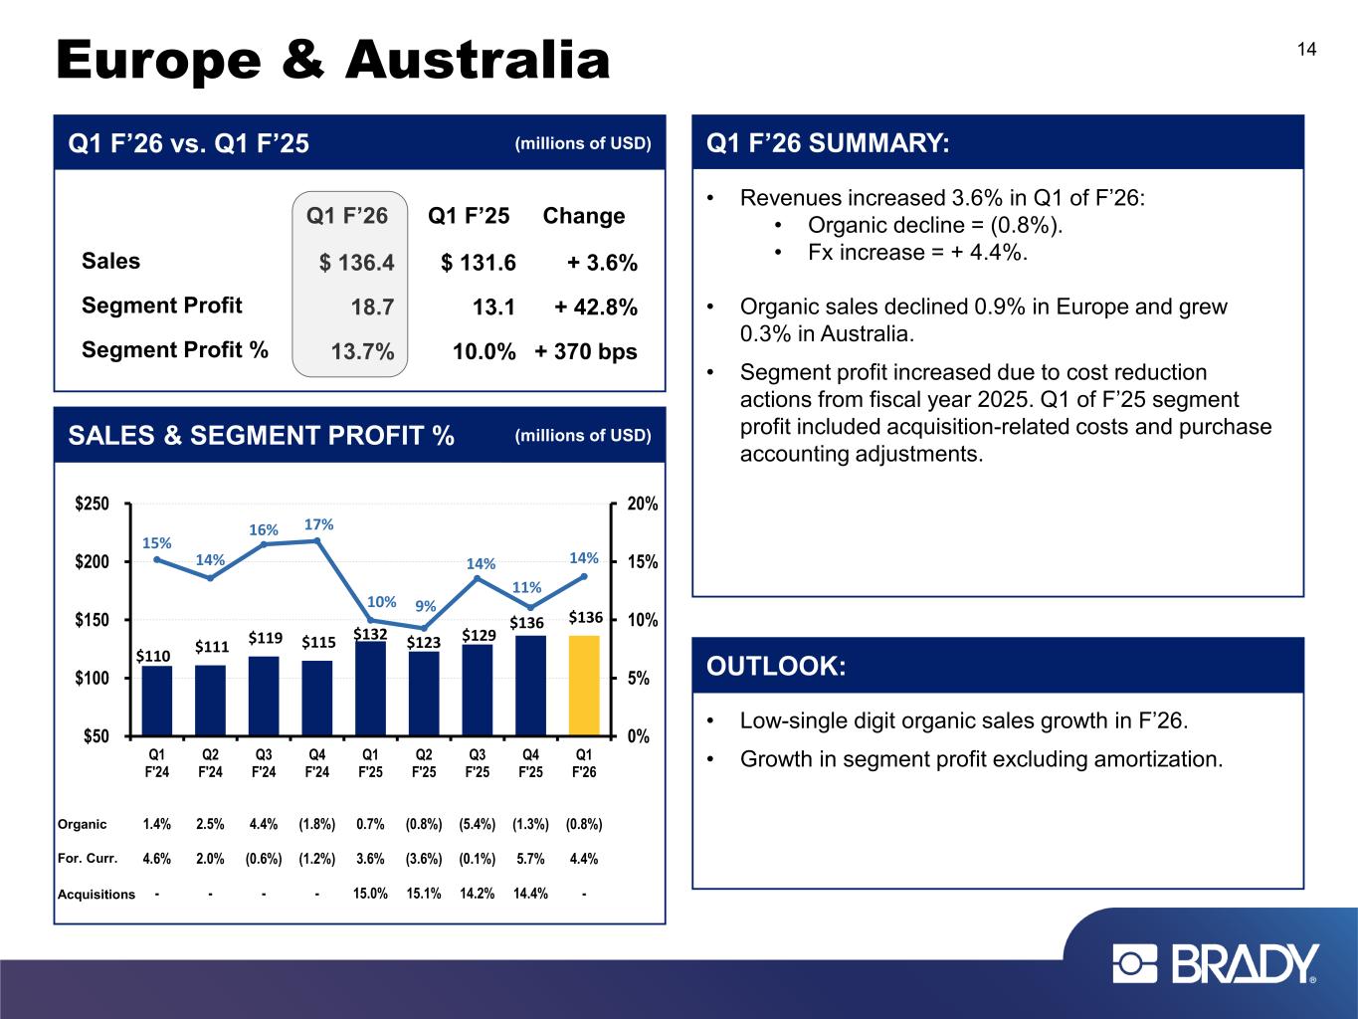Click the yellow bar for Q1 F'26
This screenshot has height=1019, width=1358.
[x=584, y=686]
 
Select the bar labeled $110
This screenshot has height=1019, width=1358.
[x=157, y=701]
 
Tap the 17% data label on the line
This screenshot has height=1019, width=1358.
[x=318, y=524]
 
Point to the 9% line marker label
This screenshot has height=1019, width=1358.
[x=426, y=605]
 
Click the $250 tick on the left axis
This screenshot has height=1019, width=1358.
[x=96, y=505]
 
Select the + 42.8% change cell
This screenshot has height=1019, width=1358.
[x=596, y=306]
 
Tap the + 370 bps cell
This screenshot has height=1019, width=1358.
[x=586, y=351]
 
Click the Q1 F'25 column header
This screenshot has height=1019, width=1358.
[x=469, y=216]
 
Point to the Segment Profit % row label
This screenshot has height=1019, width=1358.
[x=175, y=350]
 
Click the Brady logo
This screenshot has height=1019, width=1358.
[x=1215, y=964]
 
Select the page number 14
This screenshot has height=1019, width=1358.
[x=1306, y=50]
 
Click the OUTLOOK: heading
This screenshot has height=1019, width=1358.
[x=776, y=666]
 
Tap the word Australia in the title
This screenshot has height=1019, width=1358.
[x=478, y=60]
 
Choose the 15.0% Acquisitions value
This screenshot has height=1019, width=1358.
[x=370, y=894]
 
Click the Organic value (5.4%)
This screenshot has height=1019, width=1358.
[x=478, y=824]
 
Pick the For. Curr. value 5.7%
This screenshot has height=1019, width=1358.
[x=531, y=859]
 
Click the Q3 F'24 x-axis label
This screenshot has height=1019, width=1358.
[x=264, y=762]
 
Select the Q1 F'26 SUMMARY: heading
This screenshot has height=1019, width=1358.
[x=828, y=143]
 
